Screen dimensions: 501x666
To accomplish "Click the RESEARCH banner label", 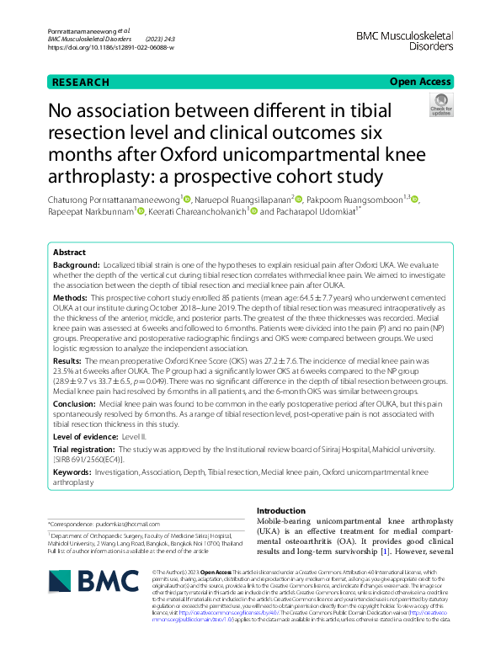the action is click(80, 82).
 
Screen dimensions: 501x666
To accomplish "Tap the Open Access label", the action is click(419, 82).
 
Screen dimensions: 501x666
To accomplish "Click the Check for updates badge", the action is click(440, 105).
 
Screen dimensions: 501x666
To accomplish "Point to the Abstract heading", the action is click(69, 253).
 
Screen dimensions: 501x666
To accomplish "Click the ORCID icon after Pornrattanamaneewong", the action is click(187, 200).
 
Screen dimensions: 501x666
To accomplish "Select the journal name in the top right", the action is click(406, 41).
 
